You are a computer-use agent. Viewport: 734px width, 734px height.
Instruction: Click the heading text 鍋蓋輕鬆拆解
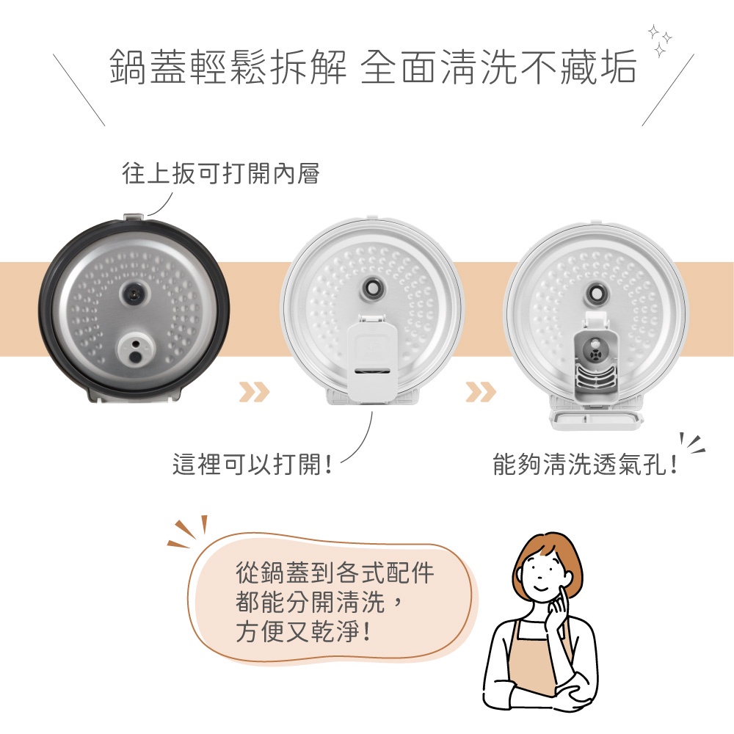coord(228,68)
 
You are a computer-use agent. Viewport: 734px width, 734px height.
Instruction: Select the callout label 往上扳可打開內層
coord(220,174)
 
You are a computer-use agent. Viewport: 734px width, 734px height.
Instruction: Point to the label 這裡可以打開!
coord(252,465)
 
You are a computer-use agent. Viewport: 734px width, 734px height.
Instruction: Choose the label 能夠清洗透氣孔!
coord(584,465)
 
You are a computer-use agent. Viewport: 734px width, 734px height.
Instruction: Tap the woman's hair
coord(547,547)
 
